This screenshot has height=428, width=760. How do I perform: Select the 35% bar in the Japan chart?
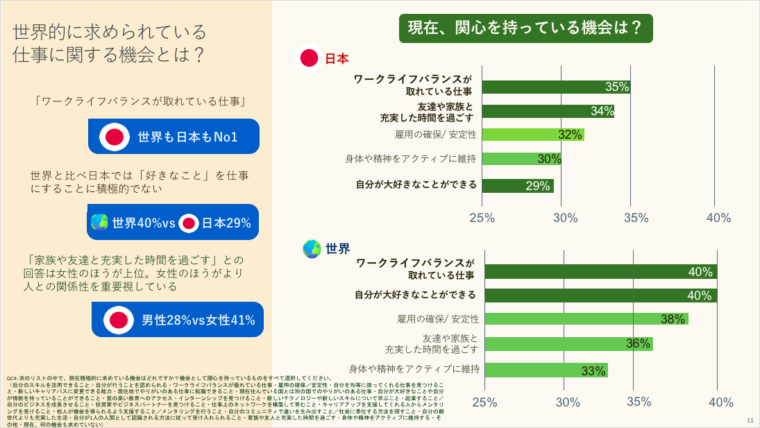pos(555,87)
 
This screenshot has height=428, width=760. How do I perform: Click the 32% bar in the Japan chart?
pos(532,135)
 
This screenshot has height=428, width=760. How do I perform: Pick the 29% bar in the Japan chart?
pos(517,186)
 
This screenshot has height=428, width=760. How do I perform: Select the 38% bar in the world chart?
pos(585,319)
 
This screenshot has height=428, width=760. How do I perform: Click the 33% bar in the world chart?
pos(545,370)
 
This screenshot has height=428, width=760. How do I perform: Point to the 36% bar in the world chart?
pos(568,344)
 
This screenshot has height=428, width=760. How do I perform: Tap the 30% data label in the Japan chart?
pos(549,159)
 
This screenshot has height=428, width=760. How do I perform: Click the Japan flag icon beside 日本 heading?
pos(309,59)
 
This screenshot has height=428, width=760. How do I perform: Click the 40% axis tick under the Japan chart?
pos(718,218)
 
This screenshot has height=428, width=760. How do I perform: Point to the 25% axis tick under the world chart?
pos(484,402)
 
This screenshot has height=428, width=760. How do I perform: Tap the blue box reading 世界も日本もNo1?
pos(173,137)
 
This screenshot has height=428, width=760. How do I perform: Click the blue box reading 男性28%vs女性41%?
pos(178,320)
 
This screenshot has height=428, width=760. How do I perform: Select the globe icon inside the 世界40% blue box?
pos(100,223)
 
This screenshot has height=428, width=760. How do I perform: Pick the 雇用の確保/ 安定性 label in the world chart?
pos(438,319)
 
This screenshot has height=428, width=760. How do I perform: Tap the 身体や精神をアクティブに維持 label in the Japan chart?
pos(410,159)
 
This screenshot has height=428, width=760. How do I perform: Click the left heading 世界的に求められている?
pos(110,31)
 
